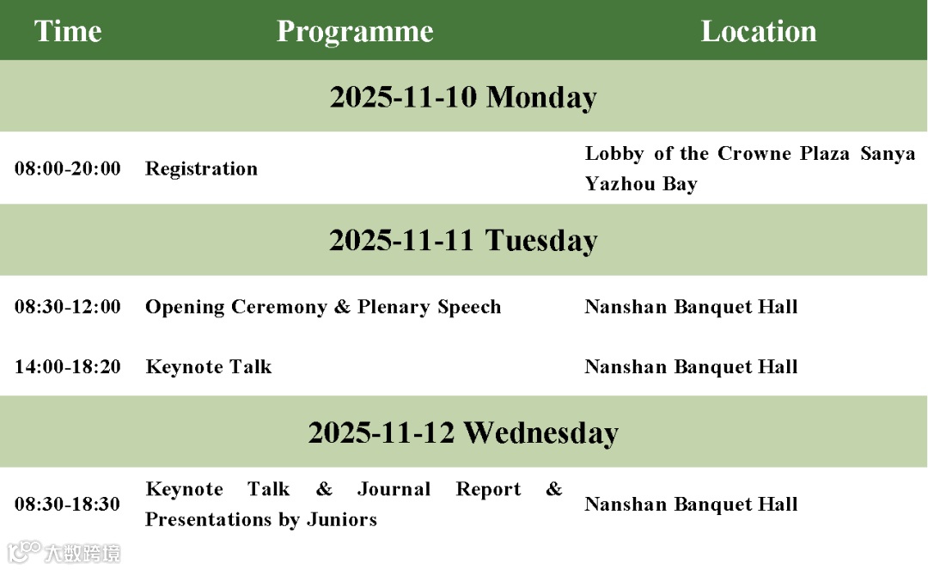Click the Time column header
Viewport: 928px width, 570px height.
click(x=68, y=31)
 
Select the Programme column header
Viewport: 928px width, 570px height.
click(x=355, y=32)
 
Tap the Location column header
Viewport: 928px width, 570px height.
click(x=759, y=31)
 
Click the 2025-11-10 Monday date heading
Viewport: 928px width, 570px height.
click(x=463, y=97)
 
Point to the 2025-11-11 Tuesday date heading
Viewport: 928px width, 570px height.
click(x=463, y=241)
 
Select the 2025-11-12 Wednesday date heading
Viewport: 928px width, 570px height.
click(x=463, y=432)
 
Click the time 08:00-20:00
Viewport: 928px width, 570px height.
click(x=68, y=169)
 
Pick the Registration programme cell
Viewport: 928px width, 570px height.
click(x=201, y=169)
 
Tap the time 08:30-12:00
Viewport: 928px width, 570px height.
click(x=68, y=307)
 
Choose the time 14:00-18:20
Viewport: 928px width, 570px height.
click(x=68, y=367)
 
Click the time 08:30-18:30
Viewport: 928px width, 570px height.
click(x=68, y=505)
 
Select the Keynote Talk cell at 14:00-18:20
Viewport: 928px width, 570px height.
click(x=209, y=367)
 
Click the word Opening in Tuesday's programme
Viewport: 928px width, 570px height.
click(x=185, y=307)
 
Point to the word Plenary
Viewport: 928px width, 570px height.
click(x=394, y=307)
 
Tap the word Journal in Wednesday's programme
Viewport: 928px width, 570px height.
click(x=394, y=489)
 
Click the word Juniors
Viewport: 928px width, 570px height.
click(x=342, y=519)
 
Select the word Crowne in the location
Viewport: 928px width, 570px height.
click(x=754, y=153)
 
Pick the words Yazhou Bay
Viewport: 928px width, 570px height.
click(x=641, y=184)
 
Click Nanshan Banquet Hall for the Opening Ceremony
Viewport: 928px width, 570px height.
click(x=691, y=307)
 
